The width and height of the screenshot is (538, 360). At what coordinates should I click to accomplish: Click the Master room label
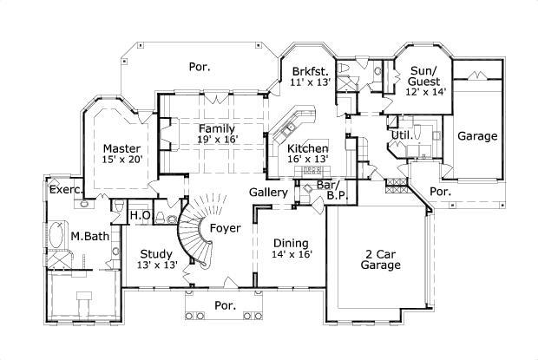pyautogui.click(x=121, y=147)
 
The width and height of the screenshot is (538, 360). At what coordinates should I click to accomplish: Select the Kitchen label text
pyautogui.click(x=307, y=148)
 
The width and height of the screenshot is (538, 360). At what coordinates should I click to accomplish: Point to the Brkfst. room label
pyautogui.click(x=309, y=72)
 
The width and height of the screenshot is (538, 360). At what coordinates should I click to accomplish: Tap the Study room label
pyautogui.click(x=155, y=253)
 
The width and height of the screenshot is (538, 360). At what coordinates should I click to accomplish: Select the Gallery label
pyautogui.click(x=268, y=191)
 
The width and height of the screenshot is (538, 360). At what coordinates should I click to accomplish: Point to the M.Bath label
pyautogui.click(x=89, y=235)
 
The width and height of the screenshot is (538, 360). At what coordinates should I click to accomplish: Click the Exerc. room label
pyautogui.click(x=66, y=188)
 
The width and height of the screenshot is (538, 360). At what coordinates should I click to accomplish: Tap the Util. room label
pyautogui.click(x=401, y=136)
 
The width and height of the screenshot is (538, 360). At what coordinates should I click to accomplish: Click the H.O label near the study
pyautogui.click(x=141, y=214)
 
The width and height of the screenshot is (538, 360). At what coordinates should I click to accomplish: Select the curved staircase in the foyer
pyautogui.click(x=193, y=227)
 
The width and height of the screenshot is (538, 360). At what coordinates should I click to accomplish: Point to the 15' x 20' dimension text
pyautogui.click(x=121, y=159)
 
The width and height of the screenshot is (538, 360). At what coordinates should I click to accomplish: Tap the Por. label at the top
pyautogui.click(x=200, y=65)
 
